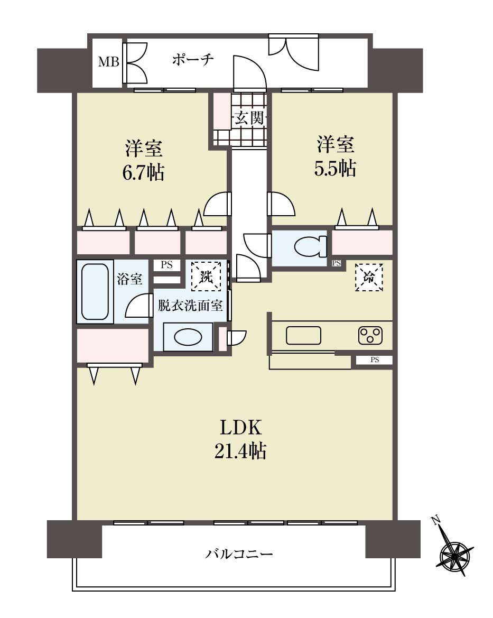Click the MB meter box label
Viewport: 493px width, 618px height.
108,62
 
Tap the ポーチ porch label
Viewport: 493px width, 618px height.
193,60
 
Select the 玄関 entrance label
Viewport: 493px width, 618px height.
249,118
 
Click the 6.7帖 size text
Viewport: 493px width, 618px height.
143,173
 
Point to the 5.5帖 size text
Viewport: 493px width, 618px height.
335,168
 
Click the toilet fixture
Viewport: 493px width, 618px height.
311,247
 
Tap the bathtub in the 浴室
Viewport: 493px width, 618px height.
95,292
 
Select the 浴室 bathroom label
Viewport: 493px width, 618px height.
129,279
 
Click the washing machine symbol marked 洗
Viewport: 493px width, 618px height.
206,276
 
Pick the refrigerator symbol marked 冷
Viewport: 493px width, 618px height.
369,278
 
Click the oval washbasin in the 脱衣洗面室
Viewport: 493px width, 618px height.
188,338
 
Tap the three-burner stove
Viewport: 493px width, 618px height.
370,335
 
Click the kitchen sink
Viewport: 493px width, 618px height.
303,336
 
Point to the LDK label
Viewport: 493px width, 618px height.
240,427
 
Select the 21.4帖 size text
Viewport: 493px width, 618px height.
240,450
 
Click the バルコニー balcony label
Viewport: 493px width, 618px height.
239,554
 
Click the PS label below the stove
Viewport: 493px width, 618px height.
375,359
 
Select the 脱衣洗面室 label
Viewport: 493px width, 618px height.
190,306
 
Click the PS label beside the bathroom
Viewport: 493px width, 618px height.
166,265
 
